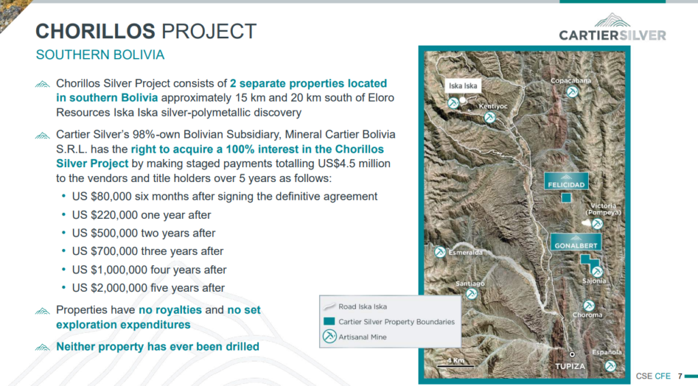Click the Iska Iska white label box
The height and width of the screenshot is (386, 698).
click(x=463, y=85)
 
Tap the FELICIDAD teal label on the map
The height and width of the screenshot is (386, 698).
click(x=566, y=181)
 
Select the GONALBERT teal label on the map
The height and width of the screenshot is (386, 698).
click(x=576, y=241)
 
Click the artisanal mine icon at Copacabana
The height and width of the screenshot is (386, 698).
click(x=572, y=92)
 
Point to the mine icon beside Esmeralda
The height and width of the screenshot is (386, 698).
click(x=440, y=252)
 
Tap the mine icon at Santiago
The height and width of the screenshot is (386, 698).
click(x=472, y=294)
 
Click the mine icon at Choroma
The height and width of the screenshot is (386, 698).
click(x=589, y=306)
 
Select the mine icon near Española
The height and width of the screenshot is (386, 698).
click(x=610, y=366)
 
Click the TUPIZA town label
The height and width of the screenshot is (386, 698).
click(x=570, y=366)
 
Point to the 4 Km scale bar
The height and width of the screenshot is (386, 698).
click(x=455, y=366)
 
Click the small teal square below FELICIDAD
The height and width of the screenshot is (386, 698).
click(x=566, y=197)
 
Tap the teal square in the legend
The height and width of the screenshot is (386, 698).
click(x=329, y=321)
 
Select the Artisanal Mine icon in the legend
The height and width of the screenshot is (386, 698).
click(x=329, y=336)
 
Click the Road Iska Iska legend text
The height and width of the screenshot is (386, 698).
click(x=363, y=306)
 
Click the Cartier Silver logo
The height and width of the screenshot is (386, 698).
click(x=613, y=27)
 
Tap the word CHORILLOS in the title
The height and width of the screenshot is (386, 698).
click(x=95, y=31)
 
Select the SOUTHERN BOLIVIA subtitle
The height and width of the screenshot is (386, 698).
click(x=100, y=55)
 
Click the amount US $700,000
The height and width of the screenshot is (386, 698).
click(x=104, y=251)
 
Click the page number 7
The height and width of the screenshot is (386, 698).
click(x=680, y=376)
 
